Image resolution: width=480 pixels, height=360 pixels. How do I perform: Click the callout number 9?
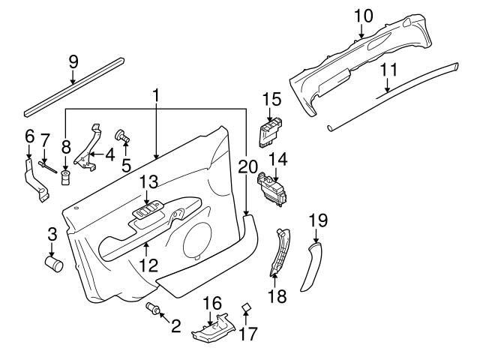73,61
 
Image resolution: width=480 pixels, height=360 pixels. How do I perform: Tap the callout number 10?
362,14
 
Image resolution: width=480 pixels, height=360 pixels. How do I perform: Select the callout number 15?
271,99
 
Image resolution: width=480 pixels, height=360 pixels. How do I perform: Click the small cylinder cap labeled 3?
54,264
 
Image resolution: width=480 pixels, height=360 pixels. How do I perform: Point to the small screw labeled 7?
46,165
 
